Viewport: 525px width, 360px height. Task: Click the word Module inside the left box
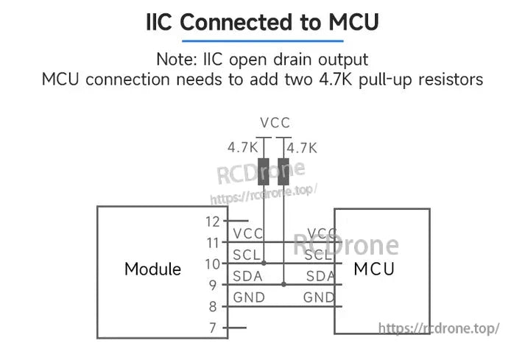(x=152, y=269)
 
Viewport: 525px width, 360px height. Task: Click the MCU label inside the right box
(x=374, y=269)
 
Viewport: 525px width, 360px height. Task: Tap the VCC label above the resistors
(x=275, y=123)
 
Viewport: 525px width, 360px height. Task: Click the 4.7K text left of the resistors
(x=242, y=148)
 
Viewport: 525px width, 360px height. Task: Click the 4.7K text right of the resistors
(x=302, y=148)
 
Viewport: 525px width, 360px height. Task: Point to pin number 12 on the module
(x=212, y=221)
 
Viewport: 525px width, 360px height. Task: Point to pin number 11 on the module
(x=212, y=242)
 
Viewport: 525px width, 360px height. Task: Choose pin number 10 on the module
(x=212, y=264)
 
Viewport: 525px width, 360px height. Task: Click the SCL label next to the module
(x=246, y=255)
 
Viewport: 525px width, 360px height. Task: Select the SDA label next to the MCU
(x=320, y=276)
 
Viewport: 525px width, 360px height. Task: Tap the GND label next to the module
(x=249, y=297)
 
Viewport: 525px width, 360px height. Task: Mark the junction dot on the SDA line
(x=283, y=284)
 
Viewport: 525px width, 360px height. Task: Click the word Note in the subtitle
(x=174, y=59)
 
